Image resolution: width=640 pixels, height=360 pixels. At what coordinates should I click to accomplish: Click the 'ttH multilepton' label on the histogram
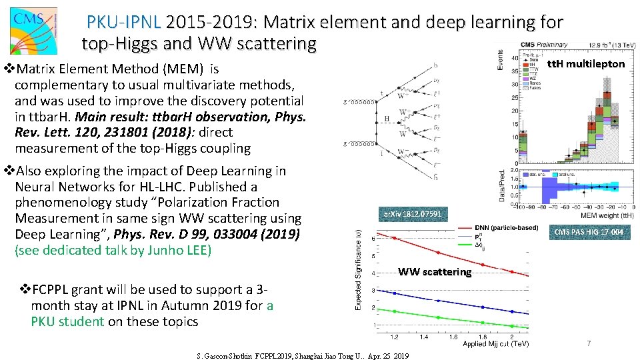585,64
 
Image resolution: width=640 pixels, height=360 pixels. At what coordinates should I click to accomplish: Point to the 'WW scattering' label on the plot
434,271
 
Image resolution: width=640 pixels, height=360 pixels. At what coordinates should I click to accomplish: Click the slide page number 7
589,343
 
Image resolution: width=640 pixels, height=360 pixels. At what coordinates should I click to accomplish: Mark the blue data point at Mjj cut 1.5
438,301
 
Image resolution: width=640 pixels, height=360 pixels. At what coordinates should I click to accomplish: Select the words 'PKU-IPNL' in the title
123,23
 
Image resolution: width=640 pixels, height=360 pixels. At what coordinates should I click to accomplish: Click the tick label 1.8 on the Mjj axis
482,337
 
